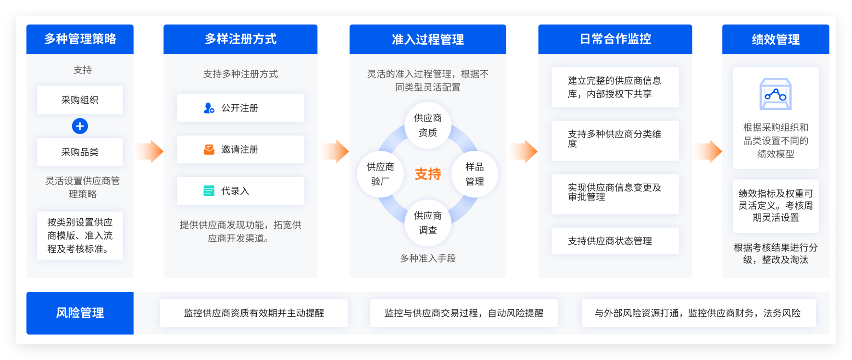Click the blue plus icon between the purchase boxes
click(x=80, y=126)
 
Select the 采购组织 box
click(x=80, y=100)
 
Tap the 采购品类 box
click(x=80, y=152)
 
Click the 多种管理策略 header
click(x=80, y=39)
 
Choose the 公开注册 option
click(x=240, y=108)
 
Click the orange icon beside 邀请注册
click(x=209, y=149)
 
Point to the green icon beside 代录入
click(x=209, y=191)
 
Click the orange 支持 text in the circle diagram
click(x=428, y=174)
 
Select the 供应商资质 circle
click(x=428, y=125)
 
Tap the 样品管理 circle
click(x=475, y=174)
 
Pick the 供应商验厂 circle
click(x=380, y=174)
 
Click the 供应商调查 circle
click(x=428, y=223)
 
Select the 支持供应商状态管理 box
click(x=615, y=241)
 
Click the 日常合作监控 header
click(x=615, y=39)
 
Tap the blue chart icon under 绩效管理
click(x=776, y=94)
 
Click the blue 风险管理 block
click(x=80, y=313)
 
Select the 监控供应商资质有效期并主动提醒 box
click(x=254, y=313)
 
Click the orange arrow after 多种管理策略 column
click(x=149, y=151)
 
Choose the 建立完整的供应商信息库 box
click(x=615, y=87)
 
